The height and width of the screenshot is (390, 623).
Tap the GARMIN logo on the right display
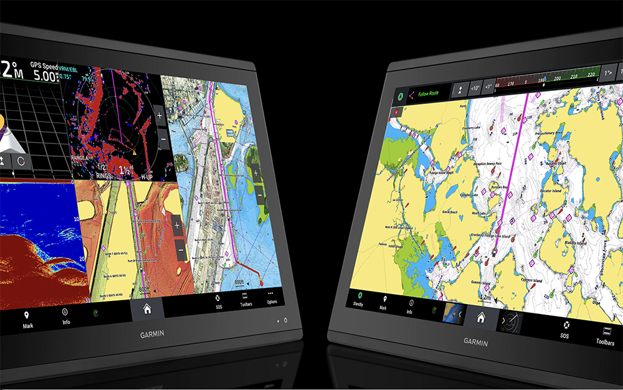pyautogui.click(x=476, y=341)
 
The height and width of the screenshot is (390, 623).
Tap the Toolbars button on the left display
pyautogui.click(x=246, y=298)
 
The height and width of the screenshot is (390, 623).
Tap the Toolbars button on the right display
pyautogui.click(x=605, y=336)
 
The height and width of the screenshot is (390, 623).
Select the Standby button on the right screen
pyautogui.click(x=358, y=298)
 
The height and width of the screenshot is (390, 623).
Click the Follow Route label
pyautogui.click(x=428, y=93)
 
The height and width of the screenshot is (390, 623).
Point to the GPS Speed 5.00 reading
pyautogui.click(x=44, y=74)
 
